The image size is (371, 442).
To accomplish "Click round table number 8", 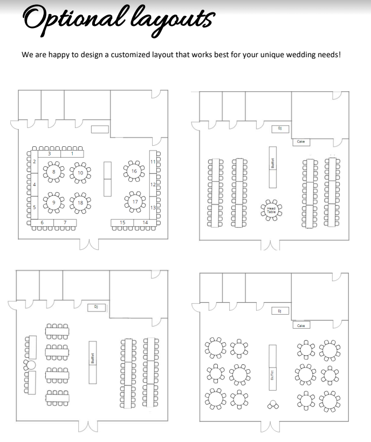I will tap(54, 173).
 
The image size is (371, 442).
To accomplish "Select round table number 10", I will tap(80, 173).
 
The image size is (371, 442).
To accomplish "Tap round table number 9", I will tap(54, 203).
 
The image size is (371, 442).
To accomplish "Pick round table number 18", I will tap(80, 203).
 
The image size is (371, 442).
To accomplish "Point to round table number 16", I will tap(134, 171).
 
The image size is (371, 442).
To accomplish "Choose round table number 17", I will tap(135, 202).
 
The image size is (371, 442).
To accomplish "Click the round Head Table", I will tap(271, 210).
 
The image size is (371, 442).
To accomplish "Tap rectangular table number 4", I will tap(35, 185).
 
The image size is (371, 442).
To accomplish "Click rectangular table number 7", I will tap(65, 222).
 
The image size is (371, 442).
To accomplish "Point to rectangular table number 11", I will tap(153, 162).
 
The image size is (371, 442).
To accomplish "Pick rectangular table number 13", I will tap(153, 208).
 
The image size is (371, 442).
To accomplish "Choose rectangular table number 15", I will tap(122, 222).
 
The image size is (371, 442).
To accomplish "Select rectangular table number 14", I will tap(145, 222).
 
